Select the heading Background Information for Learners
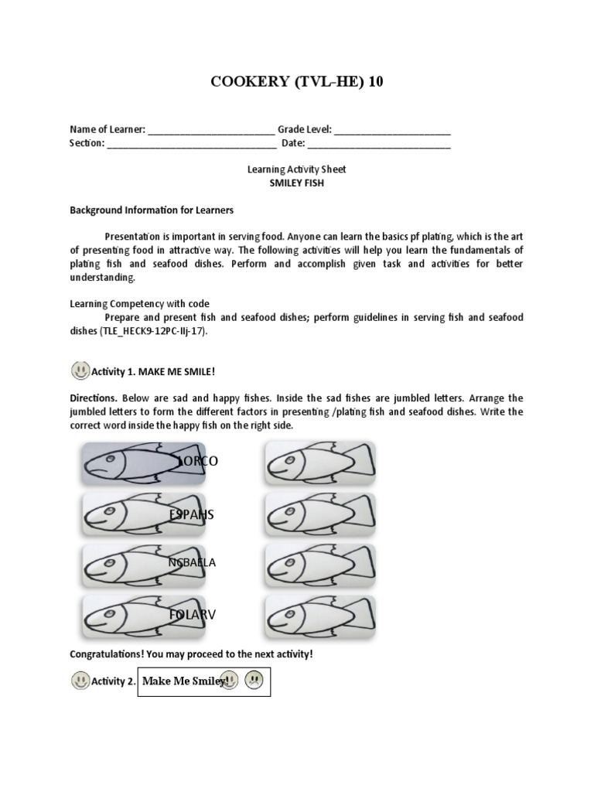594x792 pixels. tap(152, 210)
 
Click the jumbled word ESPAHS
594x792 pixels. tap(192, 514)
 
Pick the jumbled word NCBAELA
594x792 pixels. tap(192, 562)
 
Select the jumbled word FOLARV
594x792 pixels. tap(193, 614)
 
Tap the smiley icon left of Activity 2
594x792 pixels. tap(80, 681)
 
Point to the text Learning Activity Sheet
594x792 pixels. tap(296, 169)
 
